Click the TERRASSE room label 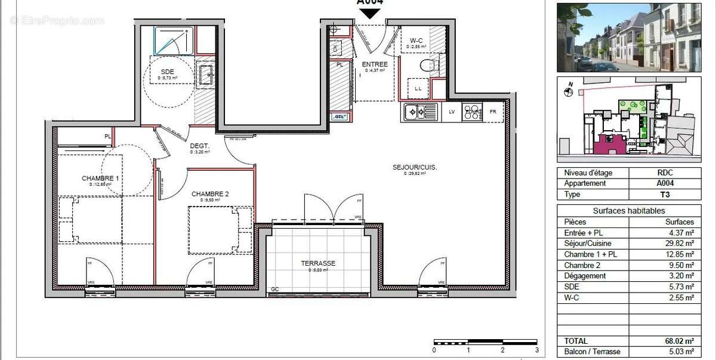(x=317, y=263)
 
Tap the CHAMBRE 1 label (x=100, y=178)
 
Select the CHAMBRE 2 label (x=210, y=194)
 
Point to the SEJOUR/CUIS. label (x=415, y=167)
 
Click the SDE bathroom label (x=167, y=72)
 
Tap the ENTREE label (x=374, y=64)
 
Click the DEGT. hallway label (x=199, y=146)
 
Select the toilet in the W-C (x=428, y=63)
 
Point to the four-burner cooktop (x=472, y=112)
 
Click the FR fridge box (x=493, y=112)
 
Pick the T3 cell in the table (x=666, y=195)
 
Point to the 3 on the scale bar (x=536, y=350)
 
